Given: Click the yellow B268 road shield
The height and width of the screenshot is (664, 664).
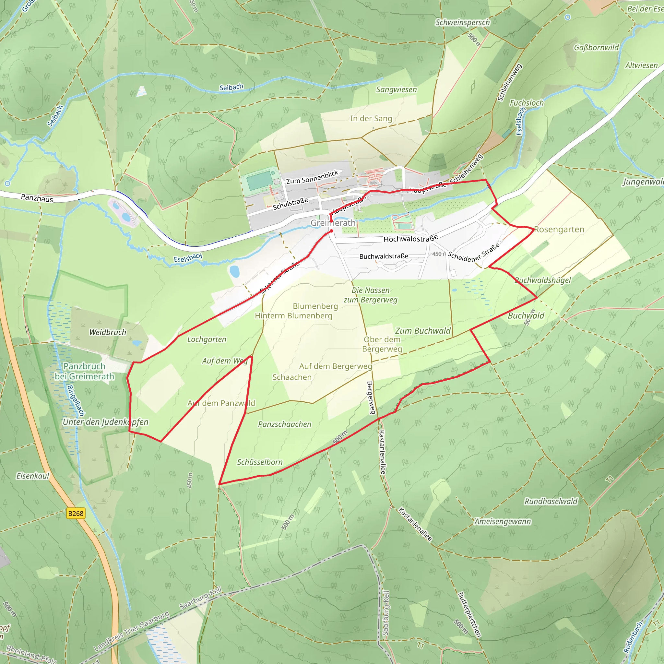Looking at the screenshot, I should coord(76,514).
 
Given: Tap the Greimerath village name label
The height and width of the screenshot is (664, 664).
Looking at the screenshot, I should coord(333,223).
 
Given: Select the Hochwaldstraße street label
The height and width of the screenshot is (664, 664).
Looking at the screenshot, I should coord(411,238).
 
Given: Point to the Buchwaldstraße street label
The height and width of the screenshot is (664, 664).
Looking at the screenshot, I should coord(384,256).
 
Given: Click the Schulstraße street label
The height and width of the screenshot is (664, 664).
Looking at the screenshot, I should coord(290,204).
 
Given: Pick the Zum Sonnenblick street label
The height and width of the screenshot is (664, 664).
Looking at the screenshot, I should coord(312,177).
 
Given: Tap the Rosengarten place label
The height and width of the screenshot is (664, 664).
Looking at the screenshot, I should coord(559,230).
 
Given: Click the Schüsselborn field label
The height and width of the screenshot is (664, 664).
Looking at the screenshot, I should coord(260,462).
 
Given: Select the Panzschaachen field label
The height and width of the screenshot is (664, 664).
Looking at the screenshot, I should coord(285,424).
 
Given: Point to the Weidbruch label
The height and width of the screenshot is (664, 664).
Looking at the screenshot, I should coord(108,332).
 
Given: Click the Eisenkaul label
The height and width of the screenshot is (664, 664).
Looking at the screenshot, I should coord(33,476).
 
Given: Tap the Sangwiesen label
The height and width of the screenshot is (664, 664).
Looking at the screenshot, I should coord(396,90).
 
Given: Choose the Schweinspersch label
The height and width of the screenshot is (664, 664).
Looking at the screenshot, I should coord(463,23).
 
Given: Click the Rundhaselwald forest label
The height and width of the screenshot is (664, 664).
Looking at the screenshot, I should coord(551,502).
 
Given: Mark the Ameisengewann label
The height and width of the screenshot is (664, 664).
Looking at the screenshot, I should coord(503,522).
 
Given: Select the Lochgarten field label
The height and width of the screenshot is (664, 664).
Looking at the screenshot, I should coord(207,339).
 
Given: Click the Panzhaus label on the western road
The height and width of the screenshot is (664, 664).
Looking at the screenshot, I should coord(37,198).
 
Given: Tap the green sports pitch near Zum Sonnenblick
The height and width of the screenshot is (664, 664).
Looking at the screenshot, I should coord(259,181).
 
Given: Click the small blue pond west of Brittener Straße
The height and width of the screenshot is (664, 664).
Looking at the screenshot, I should coord(234,271).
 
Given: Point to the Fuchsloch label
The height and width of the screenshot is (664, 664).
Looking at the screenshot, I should coord(527,103).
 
